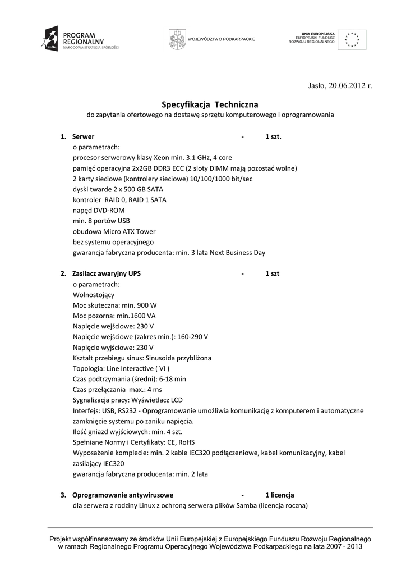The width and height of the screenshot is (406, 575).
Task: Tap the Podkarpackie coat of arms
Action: (176, 39)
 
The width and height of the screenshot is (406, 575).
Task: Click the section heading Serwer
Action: (83, 136)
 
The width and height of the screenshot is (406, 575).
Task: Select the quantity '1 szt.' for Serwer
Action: (273, 136)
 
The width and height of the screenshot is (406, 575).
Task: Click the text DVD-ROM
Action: (109, 210)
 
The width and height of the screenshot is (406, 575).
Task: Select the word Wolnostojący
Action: (94, 294)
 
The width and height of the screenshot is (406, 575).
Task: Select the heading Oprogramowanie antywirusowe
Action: (122, 495)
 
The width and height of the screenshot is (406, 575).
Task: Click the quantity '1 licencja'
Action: (280, 495)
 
